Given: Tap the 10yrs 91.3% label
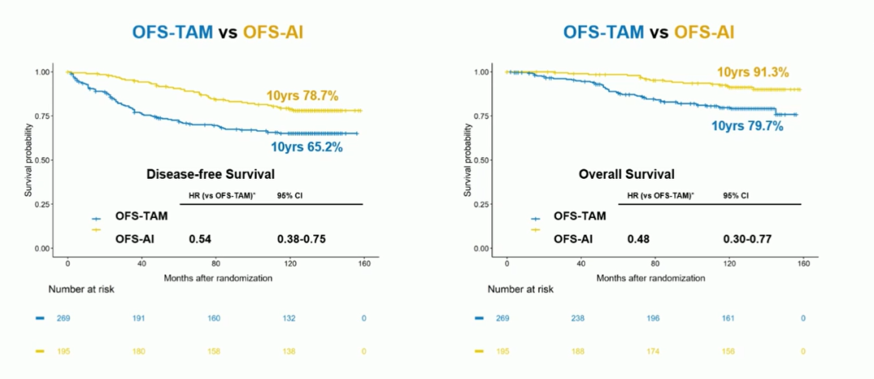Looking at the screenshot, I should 753,73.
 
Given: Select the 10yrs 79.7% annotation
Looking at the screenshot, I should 747,126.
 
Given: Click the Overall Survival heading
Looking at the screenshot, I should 627,174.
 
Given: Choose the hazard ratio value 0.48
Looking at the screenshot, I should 638,239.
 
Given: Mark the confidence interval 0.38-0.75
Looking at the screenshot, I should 302,239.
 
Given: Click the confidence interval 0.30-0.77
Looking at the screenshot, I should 747,239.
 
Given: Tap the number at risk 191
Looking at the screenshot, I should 139,318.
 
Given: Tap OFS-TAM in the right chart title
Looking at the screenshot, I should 605,32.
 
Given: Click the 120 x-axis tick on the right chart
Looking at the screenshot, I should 729,264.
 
